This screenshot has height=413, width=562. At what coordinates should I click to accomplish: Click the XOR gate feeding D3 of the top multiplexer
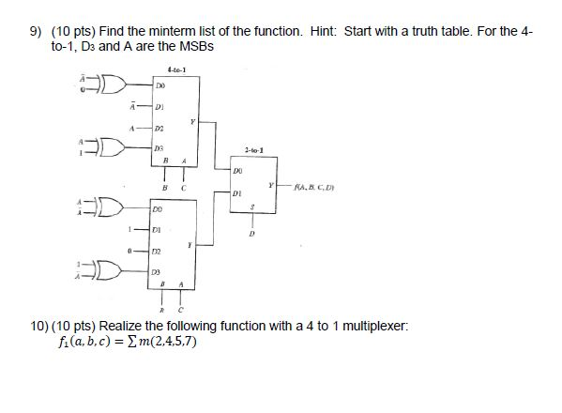point(96,147)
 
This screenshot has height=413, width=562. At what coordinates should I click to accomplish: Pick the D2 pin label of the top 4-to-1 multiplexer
point(160,128)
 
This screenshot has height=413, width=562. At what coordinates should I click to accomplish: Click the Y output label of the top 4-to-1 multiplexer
point(192,119)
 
